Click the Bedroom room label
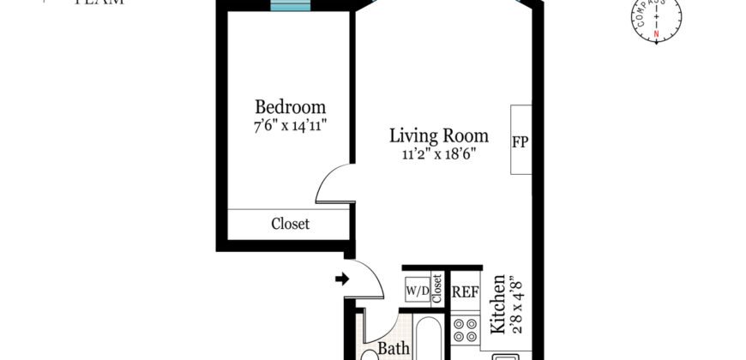click(x=290, y=107)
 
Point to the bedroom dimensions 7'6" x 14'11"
click(x=290, y=126)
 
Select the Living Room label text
click(x=438, y=135)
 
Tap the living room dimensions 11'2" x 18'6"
click(x=438, y=154)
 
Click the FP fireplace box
click(x=520, y=141)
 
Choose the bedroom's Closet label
click(x=290, y=224)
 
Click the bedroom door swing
click(x=334, y=183)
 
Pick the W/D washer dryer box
click(x=417, y=291)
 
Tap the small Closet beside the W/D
click(x=436, y=289)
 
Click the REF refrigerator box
click(x=465, y=291)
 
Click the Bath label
click(x=394, y=350)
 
